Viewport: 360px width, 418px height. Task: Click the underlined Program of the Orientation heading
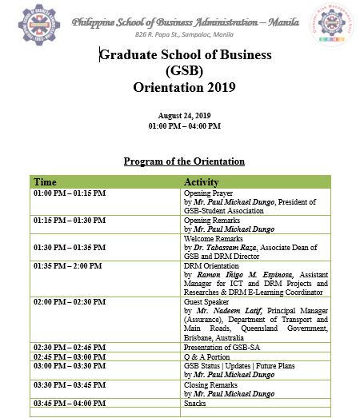(x=184, y=161)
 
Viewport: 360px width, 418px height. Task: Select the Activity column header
(x=202, y=182)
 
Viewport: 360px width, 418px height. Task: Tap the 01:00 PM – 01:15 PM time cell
(x=69, y=193)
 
